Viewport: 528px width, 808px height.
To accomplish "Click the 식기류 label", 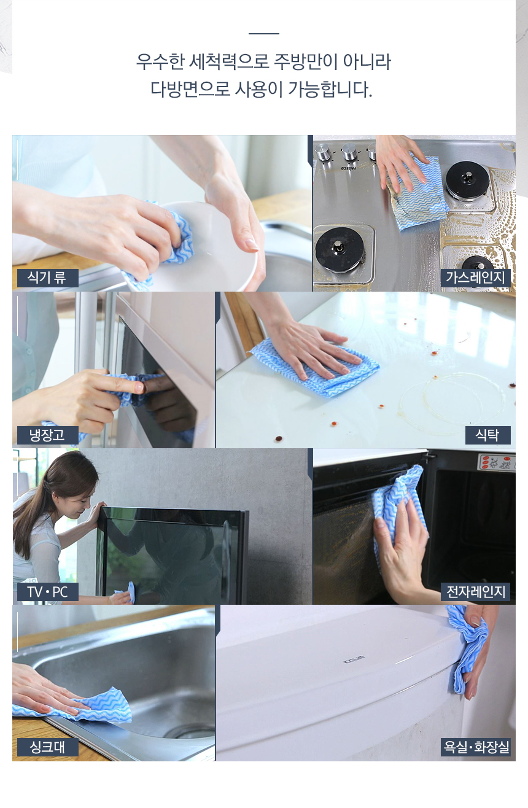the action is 48,278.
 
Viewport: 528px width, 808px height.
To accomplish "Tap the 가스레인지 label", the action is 475,278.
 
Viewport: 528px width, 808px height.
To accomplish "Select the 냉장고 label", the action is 48,435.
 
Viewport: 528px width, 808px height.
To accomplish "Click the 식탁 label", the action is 487,435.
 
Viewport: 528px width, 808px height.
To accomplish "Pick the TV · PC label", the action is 48,592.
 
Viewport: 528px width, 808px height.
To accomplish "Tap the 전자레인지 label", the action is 475,592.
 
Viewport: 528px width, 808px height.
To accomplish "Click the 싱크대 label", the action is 48,747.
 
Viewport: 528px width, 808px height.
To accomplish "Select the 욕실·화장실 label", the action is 475,747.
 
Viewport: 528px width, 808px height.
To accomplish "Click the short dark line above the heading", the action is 264,34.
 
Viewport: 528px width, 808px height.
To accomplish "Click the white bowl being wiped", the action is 213,246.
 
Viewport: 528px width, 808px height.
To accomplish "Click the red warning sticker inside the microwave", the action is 496,462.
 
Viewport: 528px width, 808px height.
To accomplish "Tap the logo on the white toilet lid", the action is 354,659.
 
